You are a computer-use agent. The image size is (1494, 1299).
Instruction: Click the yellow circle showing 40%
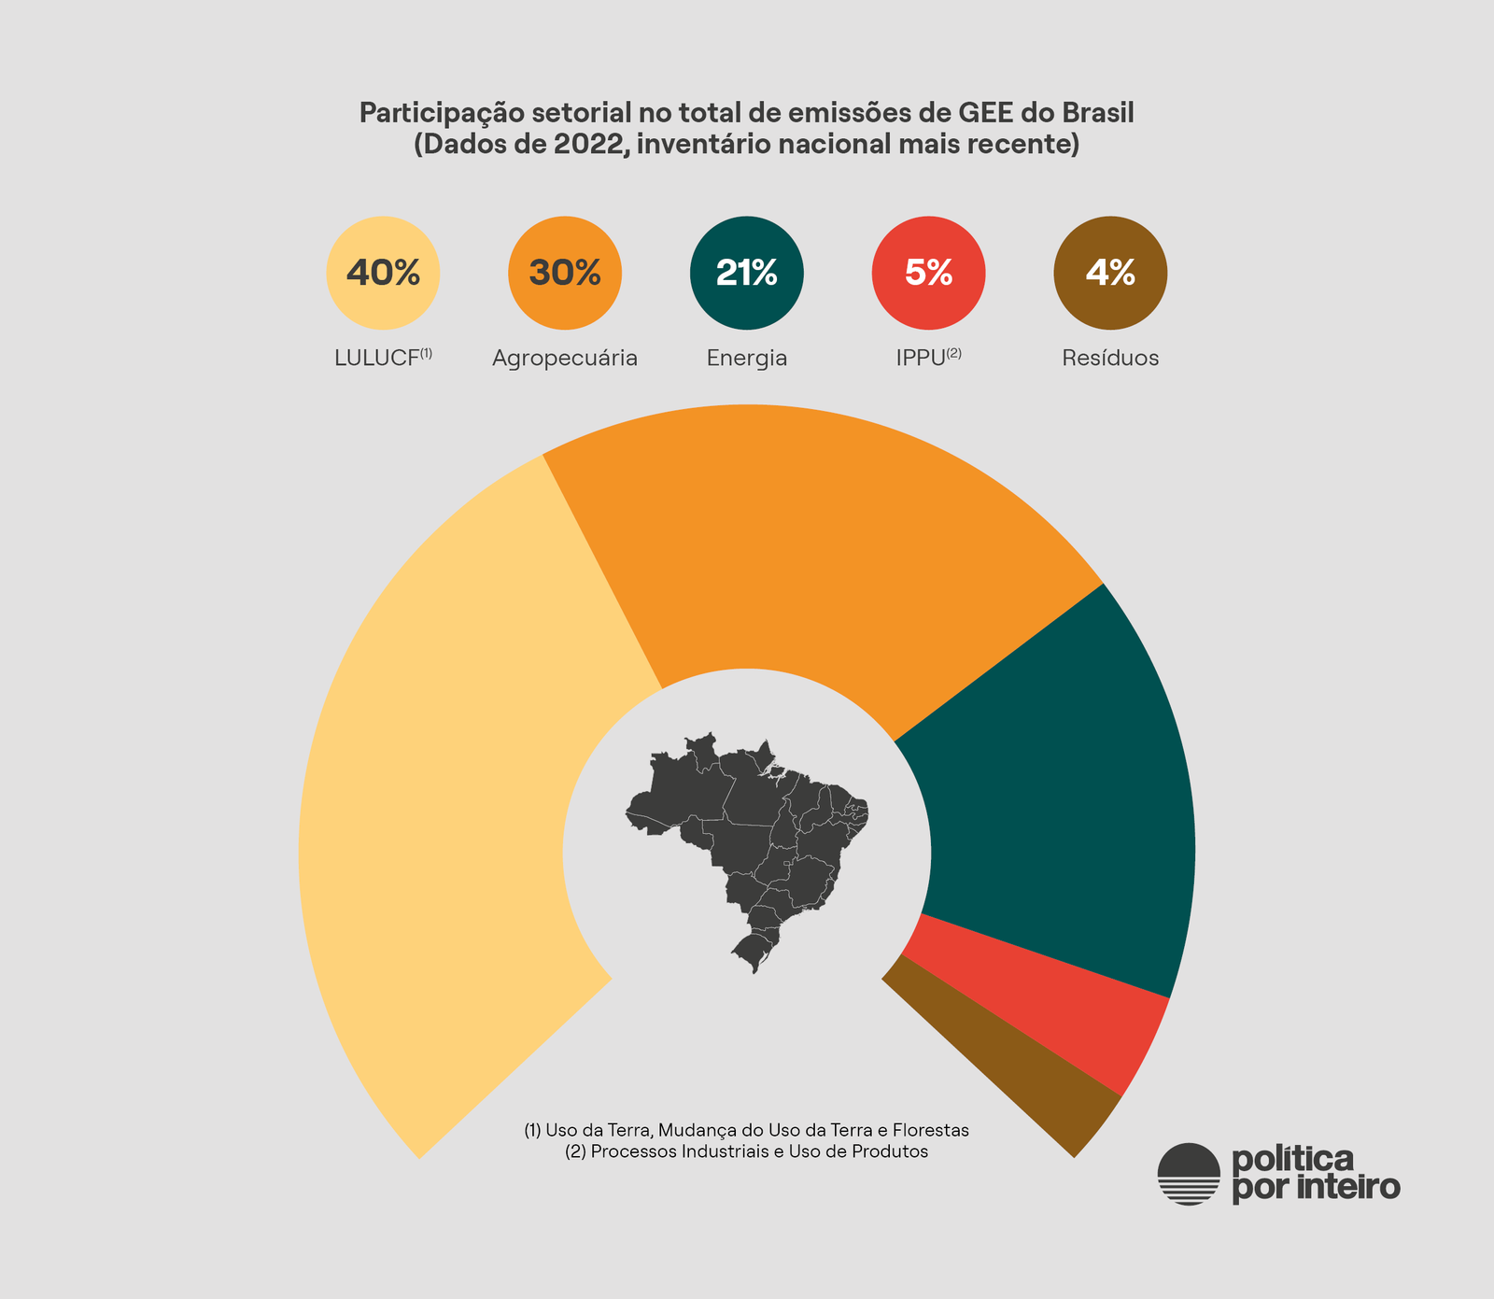(x=383, y=273)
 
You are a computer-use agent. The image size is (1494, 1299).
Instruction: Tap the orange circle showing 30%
(x=565, y=273)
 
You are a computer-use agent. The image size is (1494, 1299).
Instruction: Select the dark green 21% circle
(x=747, y=273)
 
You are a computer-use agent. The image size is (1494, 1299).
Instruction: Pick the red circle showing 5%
(x=928, y=273)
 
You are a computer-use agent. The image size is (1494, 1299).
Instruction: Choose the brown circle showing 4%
(x=1110, y=273)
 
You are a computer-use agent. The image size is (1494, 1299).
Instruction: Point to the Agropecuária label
(x=565, y=358)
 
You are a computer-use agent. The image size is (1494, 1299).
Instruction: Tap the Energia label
(x=747, y=358)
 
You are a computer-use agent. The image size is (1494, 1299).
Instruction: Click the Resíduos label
(x=1110, y=358)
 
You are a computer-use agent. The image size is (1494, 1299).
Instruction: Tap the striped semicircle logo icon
(x=1189, y=1174)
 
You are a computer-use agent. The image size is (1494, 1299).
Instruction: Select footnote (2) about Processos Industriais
(x=747, y=1151)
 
